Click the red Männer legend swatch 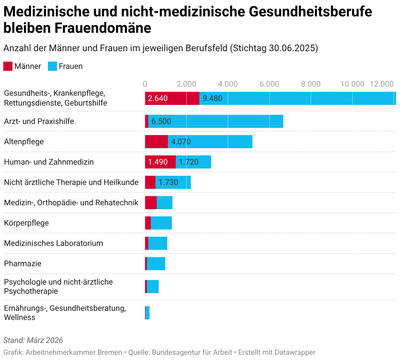point(8,66)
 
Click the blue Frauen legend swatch point(52,66)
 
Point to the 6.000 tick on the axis point(269,84)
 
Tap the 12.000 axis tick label point(382,84)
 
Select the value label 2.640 point(158,98)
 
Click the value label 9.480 point(212,98)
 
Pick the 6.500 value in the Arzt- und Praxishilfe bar point(161,121)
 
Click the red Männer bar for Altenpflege point(156,142)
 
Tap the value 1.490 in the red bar point(158,162)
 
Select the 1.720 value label point(189,162)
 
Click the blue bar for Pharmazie point(156,264)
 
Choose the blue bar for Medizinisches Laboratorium point(158,243)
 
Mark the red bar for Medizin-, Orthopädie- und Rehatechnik point(151,203)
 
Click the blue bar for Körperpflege point(161,223)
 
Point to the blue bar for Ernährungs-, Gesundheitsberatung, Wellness point(148,313)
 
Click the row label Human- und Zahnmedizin point(49,162)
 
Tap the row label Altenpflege point(24,142)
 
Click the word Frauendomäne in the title point(103,28)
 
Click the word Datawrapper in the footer point(295,352)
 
